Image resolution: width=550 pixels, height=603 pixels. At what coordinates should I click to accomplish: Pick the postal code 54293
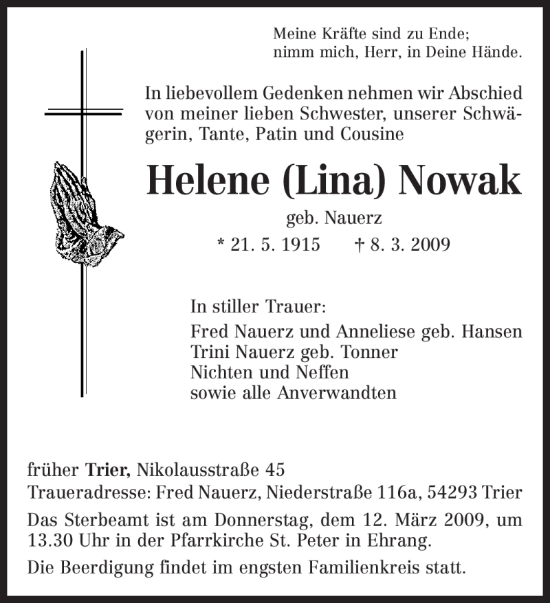click(450, 493)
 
